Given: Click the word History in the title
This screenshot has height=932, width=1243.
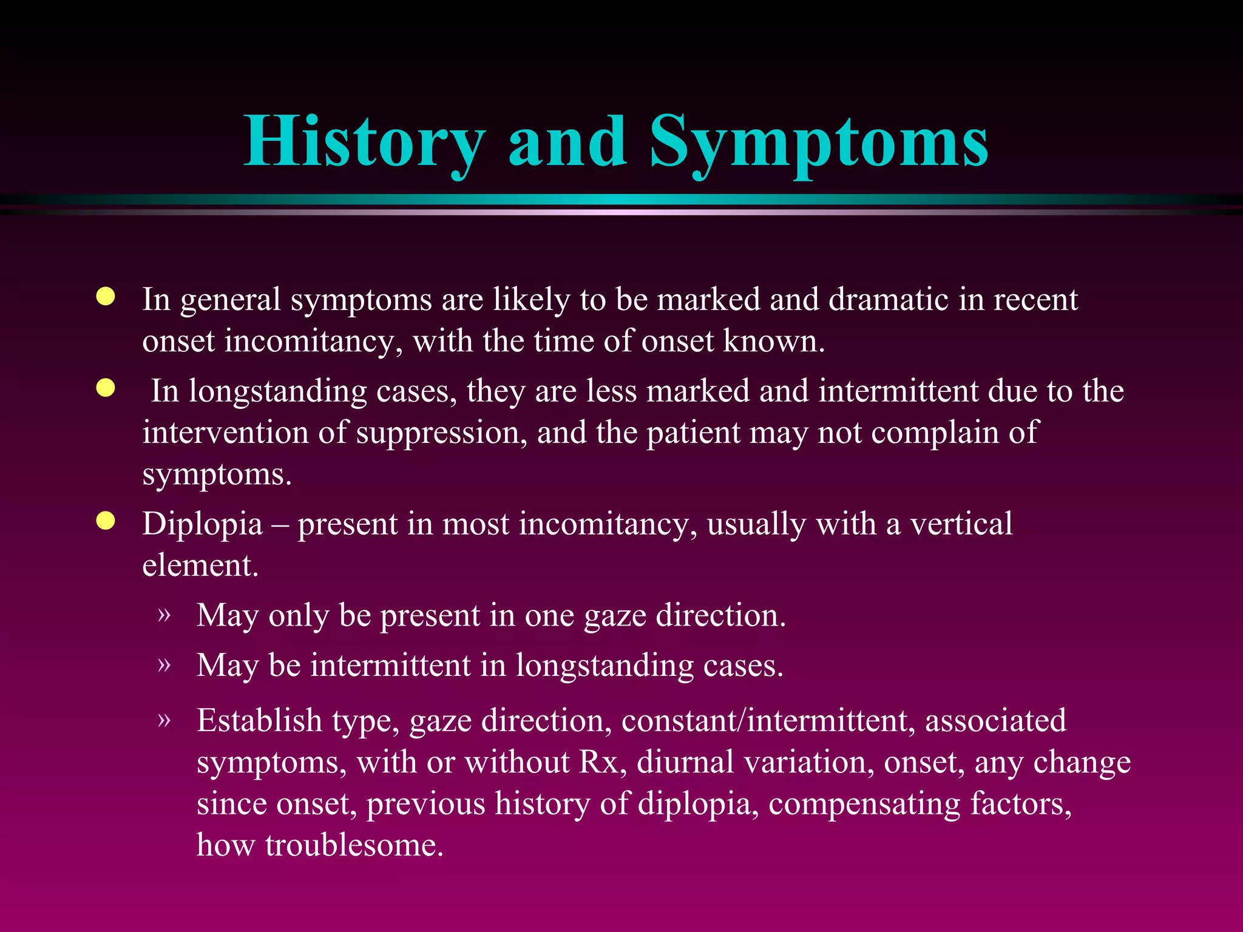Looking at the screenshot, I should [x=364, y=143].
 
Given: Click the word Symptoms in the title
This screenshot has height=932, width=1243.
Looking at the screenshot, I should [x=819, y=143].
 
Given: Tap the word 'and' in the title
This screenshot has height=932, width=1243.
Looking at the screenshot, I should [x=567, y=143].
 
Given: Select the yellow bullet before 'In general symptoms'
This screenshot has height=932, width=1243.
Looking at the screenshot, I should [x=106, y=297].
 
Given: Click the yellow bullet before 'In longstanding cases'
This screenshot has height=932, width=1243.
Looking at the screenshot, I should [x=106, y=388].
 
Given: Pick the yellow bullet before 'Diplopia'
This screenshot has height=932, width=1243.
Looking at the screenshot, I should [x=106, y=521].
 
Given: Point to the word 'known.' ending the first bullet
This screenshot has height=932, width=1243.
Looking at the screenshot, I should [x=774, y=341].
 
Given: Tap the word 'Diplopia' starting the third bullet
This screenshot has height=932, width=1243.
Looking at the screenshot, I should [x=202, y=524].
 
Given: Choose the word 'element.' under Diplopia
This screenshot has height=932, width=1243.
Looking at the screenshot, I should [x=200, y=566].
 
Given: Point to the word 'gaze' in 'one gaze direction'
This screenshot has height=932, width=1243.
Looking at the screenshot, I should [x=615, y=616].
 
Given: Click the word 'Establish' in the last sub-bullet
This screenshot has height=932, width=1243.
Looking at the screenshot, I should [x=259, y=721].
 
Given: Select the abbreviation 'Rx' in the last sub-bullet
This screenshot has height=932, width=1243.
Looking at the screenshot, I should [x=601, y=763].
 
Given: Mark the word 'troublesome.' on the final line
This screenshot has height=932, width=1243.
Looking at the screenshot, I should [x=354, y=845].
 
